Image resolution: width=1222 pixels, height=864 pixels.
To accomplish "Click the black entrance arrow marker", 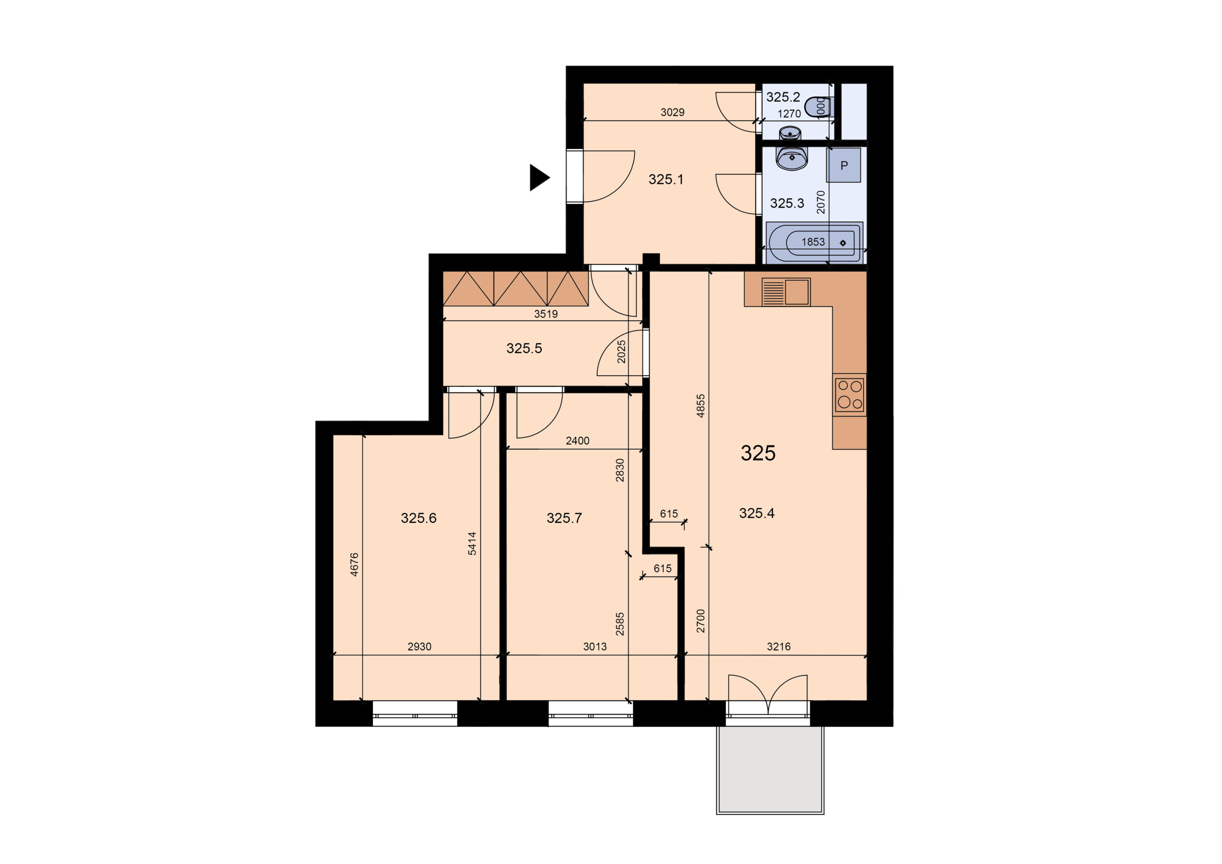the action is pos(538,177).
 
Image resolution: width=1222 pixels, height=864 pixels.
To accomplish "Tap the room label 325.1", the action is pos(665,179).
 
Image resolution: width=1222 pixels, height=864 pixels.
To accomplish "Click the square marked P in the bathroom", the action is pos(843,165).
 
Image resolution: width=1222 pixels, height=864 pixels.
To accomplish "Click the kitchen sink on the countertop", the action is pos(786,292).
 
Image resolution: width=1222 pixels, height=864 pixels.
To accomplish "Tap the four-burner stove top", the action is pos(850,394).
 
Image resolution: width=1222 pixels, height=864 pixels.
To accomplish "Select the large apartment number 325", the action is pos(758,453).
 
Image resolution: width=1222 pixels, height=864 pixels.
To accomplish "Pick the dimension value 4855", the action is pos(700,406).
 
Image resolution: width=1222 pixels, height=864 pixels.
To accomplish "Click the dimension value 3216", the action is pos(779,646).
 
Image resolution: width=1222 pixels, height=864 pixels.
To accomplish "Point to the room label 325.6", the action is pos(418,518).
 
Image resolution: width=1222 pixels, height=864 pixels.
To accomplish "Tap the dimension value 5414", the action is pos(472,544).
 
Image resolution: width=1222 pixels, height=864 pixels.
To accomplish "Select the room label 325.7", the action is pos(564,518).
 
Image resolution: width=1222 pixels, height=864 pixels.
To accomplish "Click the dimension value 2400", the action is pos(578,441).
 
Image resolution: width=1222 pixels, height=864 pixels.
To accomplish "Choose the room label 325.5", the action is pos(524,348).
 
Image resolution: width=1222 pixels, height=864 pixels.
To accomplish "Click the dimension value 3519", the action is pos(546,314).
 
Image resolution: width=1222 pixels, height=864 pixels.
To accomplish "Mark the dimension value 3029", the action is pos(672,112).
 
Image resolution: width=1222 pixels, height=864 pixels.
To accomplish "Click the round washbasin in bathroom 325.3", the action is pos(792,158).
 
